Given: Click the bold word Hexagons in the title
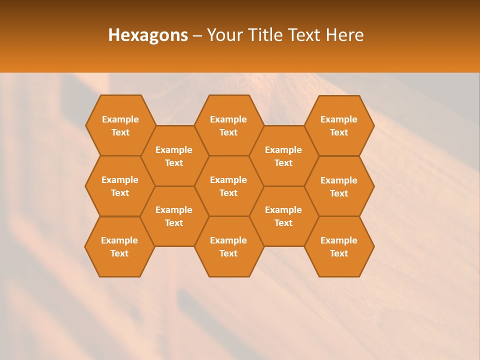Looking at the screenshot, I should click(x=148, y=35).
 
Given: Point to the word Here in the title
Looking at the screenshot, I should click(x=345, y=35).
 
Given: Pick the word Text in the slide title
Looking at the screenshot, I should click(x=304, y=35).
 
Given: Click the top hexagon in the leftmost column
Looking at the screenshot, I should click(x=120, y=125).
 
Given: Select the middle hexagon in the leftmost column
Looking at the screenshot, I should click(x=120, y=186).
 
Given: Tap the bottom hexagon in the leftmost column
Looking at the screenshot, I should click(x=119, y=246).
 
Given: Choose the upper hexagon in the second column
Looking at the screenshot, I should click(x=174, y=156).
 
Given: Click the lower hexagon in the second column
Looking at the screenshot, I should click(x=174, y=216).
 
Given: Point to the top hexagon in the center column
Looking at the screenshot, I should click(x=228, y=125).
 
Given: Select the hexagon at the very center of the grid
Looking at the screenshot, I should click(x=228, y=186).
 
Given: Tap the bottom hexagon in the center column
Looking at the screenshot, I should click(x=228, y=246).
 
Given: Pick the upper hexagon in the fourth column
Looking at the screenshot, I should click(x=283, y=156).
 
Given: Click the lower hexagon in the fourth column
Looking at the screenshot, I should click(x=283, y=216).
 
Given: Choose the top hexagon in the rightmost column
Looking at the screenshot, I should click(x=339, y=125).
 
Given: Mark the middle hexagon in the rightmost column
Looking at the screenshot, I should click(x=339, y=186).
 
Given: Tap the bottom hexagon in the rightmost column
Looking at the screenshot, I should click(x=339, y=246).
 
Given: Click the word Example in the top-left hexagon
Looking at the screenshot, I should click(x=120, y=119).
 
